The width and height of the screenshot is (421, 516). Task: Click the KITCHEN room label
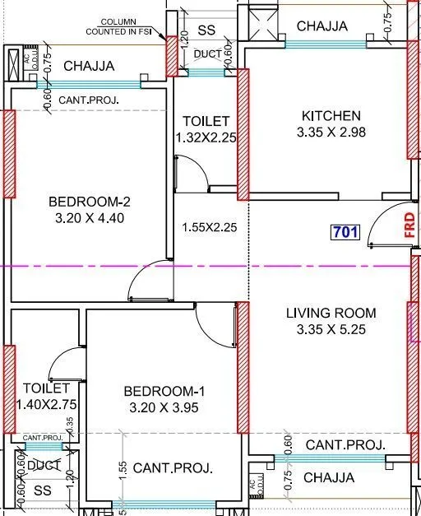coord(331,116)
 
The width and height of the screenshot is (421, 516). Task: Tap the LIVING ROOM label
coord(331,313)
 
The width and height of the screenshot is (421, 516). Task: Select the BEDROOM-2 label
coord(90,202)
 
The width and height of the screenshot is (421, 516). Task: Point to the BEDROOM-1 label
coord(163,390)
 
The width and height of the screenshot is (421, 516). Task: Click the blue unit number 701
coord(345,232)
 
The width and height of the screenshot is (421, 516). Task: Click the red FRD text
coord(409,225)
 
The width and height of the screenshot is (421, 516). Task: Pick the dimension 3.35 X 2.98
coord(331,132)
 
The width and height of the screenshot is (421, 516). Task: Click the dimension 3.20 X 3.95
coord(163,407)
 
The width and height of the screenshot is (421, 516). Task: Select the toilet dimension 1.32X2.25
coord(206,138)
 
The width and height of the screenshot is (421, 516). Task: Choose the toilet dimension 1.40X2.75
coord(46,405)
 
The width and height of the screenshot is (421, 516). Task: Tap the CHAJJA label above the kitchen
coord(322,26)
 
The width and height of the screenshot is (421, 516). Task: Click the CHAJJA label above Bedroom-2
coord(89,66)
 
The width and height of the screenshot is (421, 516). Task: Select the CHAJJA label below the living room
coord(329,477)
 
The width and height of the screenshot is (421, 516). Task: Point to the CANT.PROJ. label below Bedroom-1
coord(173,467)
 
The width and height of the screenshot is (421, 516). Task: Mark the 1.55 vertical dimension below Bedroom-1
coord(122,469)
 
